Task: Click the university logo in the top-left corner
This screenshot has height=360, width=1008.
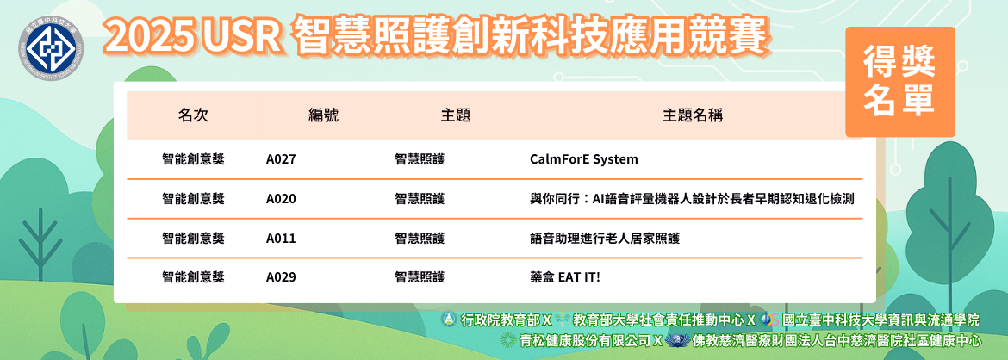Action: click(x=51, y=47)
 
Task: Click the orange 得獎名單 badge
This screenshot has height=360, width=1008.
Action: click(x=899, y=82)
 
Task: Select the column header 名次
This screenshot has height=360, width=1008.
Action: click(x=193, y=115)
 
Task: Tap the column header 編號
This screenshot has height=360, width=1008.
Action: click(x=323, y=115)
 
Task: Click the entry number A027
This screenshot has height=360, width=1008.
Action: click(x=281, y=159)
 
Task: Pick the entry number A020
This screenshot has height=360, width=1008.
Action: click(x=281, y=199)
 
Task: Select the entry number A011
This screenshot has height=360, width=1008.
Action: click(x=281, y=239)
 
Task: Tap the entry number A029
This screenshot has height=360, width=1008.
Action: click(x=281, y=277)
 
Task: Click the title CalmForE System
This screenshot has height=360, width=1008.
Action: click(x=584, y=159)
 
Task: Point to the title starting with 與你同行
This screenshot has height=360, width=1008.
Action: click(x=692, y=199)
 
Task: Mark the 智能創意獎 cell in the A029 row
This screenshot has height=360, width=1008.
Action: click(x=194, y=277)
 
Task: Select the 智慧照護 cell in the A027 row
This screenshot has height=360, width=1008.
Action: click(x=420, y=159)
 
